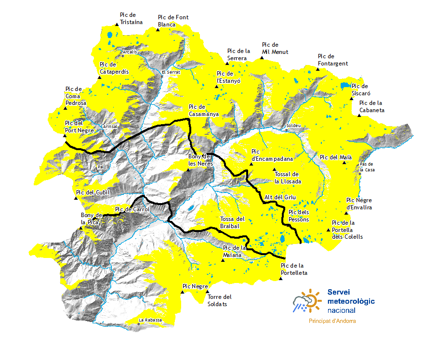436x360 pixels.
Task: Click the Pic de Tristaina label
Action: point(128,18)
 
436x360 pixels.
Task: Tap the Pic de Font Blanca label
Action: point(173,21)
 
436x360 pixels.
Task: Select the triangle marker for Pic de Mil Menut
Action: point(262,58)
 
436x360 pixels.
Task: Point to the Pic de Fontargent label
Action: point(333,60)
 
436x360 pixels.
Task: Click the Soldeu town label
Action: point(293,126)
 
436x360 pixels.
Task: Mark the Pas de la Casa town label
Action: point(367,167)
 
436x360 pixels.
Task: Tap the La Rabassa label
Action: point(150,320)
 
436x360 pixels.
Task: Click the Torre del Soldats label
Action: point(220,300)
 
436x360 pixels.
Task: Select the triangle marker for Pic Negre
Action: point(183,291)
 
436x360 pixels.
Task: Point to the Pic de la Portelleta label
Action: point(294,269)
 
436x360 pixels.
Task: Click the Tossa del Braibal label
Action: point(232,222)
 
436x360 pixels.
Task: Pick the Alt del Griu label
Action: point(280,197)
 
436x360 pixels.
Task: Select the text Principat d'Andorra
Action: point(332,321)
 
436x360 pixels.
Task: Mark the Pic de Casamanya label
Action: point(204,110)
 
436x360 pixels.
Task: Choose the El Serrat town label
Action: point(171,72)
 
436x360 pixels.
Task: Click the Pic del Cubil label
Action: point(93,193)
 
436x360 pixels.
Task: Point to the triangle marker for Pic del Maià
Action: point(344,163)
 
